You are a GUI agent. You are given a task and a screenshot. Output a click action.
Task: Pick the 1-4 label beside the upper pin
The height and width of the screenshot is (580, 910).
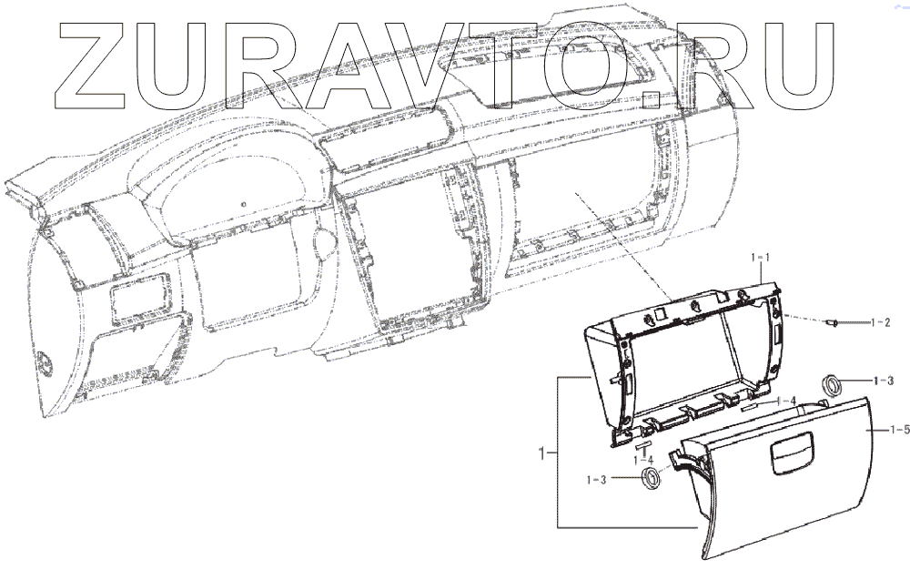(787, 400)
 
